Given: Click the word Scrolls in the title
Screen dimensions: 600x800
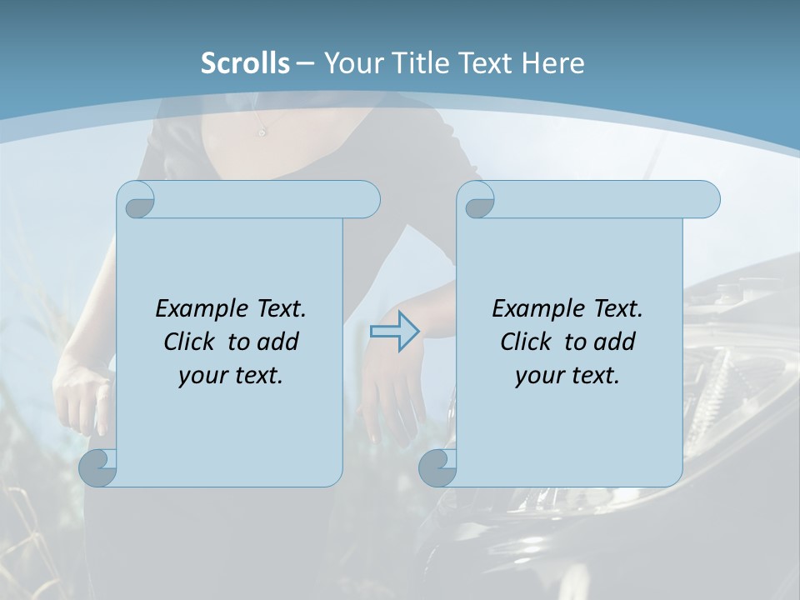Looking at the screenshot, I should [x=245, y=63].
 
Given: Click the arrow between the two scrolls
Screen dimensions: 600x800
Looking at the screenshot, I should [x=394, y=332].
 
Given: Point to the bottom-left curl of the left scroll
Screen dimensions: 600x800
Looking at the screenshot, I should [x=98, y=468].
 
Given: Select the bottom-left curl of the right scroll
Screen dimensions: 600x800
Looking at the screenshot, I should [x=437, y=468].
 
